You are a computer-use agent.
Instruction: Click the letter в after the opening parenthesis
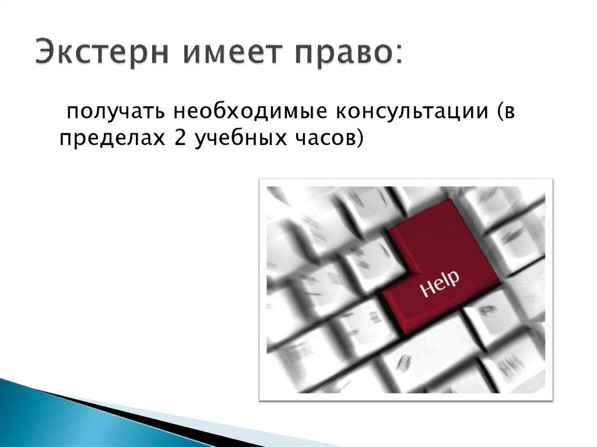coord(510,111)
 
